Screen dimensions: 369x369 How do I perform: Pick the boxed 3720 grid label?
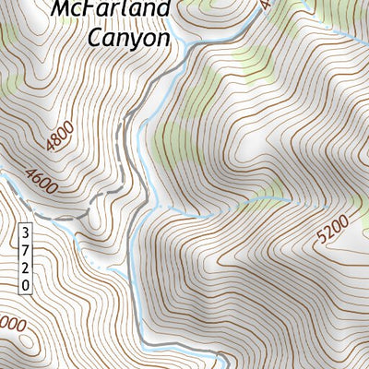tap(26, 258)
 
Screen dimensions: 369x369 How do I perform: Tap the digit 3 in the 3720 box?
tap(26, 232)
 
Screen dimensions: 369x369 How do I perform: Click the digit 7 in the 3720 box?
tap(26, 249)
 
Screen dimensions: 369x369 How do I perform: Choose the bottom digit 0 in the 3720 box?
tap(26, 285)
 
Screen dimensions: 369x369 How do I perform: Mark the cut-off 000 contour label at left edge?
tap(11, 325)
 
